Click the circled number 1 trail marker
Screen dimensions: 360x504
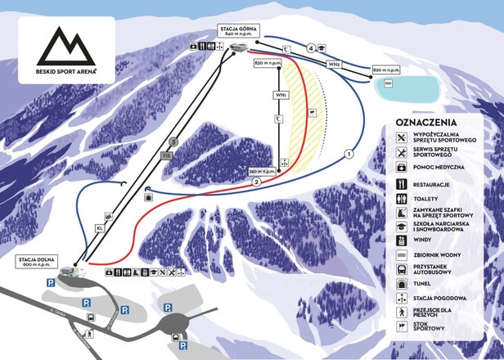click(349, 153)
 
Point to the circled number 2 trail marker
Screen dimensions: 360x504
click(257, 182)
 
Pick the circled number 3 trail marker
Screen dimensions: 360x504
click(173, 142)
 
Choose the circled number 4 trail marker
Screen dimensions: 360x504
click(311, 49)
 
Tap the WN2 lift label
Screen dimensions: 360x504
click(334, 63)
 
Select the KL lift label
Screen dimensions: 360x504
click(101, 228)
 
